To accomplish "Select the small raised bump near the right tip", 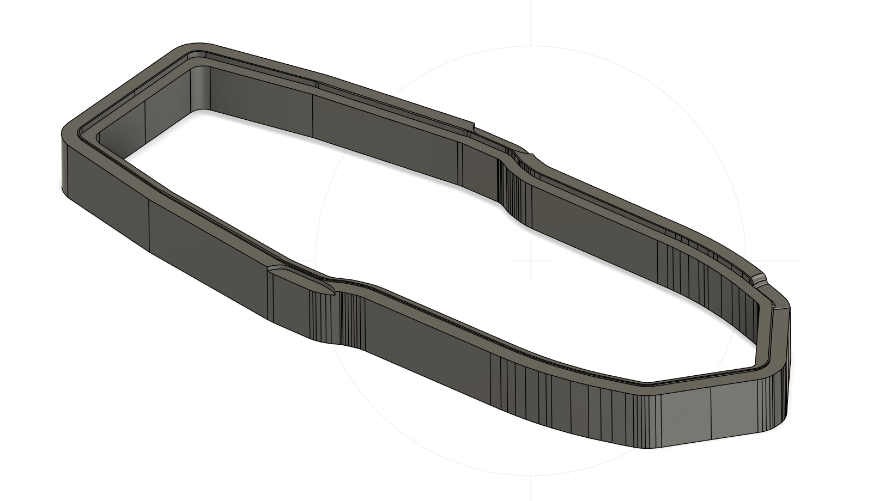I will tap(759, 280).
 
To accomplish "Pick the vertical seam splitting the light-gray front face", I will tap(711, 414).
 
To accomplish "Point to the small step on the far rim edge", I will tap(473, 128).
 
